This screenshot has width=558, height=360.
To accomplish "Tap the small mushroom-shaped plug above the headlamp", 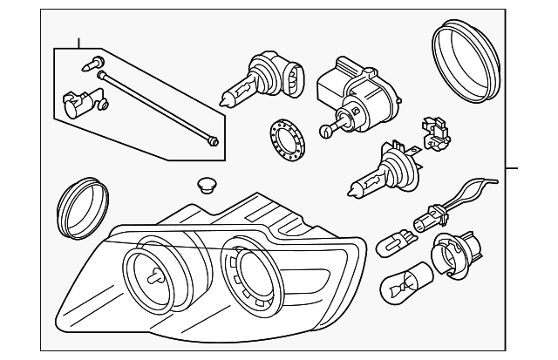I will [x=206, y=186].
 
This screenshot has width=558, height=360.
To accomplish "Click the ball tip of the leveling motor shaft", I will [x=324, y=132].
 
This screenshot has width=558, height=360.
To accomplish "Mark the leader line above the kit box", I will [x=78, y=41].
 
